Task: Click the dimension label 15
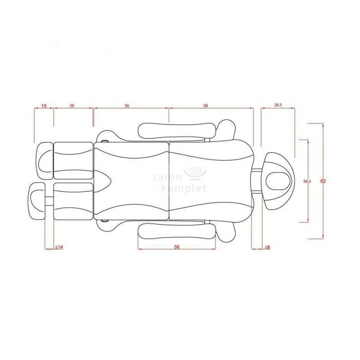(x=44, y=106)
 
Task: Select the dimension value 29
(x=72, y=106)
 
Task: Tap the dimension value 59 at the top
(x=206, y=106)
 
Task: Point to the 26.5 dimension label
(x=278, y=105)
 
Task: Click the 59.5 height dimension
(x=307, y=181)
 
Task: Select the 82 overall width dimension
(x=323, y=181)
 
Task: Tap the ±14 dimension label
(x=59, y=247)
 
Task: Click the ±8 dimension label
(x=267, y=247)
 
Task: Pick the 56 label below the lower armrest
(x=177, y=247)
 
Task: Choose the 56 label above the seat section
(x=127, y=106)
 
